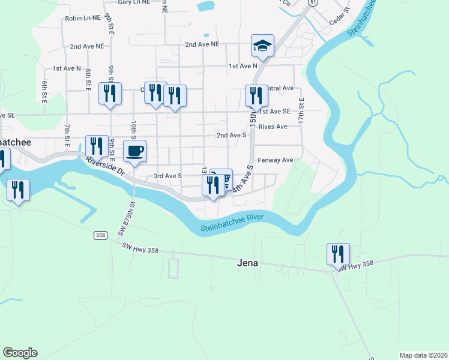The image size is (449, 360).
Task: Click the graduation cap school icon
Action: pos(262,45)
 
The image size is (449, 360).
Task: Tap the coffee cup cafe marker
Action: pos(134,150)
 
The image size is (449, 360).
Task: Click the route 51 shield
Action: pos(313,3)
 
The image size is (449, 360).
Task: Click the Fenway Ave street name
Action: pos(275,160)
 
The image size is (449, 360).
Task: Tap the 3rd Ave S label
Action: pos(167,176)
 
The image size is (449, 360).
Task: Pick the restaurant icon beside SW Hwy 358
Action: pos(338,253)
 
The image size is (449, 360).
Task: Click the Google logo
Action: pos(20,353)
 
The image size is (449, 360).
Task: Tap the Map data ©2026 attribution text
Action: pos(424,355)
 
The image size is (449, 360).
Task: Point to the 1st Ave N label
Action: pos(66,68)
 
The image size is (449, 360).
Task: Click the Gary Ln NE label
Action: pos(133,2)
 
